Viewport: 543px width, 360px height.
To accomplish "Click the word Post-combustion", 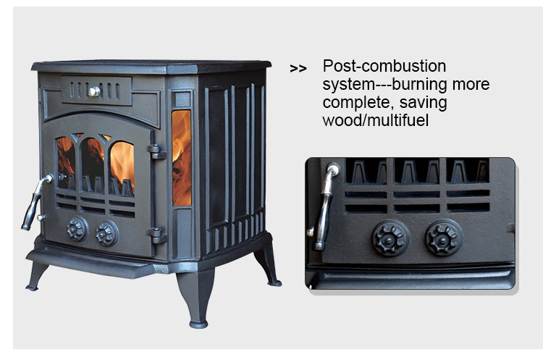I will (384, 67).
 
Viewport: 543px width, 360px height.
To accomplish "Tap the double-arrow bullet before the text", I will (298, 69).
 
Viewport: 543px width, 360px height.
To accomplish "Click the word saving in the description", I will (424, 102).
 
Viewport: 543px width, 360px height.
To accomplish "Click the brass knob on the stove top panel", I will (93, 91).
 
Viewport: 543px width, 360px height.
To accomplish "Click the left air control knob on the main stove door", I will (77, 230).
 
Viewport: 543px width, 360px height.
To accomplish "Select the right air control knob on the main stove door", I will (106, 233).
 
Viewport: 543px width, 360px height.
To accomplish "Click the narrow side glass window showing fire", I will (182, 157).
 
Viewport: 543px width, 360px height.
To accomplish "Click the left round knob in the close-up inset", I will (391, 238).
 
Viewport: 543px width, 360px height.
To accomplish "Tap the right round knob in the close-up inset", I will (443, 238).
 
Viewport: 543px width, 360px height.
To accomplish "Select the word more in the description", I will (472, 85).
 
